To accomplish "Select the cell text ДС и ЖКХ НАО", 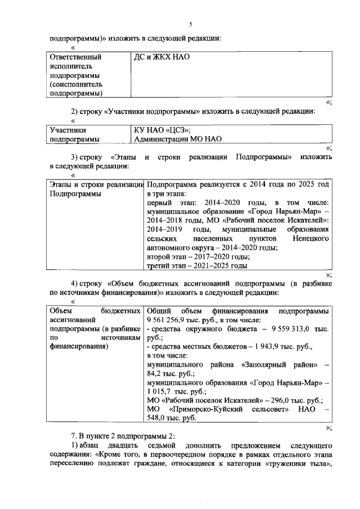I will point(159,57).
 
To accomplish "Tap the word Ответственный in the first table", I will point(75,57).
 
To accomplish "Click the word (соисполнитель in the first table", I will point(78,84).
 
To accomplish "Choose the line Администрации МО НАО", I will point(178,138).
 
